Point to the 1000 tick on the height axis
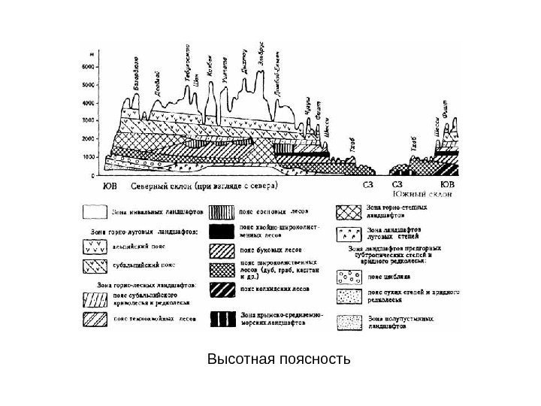coord(89,157)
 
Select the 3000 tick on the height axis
coord(89,120)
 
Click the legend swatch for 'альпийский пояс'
coord(94,247)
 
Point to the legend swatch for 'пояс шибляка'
coord(349,275)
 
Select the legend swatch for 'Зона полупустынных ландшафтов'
coord(349,322)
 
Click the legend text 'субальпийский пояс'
coord(144,265)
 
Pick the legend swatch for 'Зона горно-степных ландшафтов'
coord(349,211)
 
